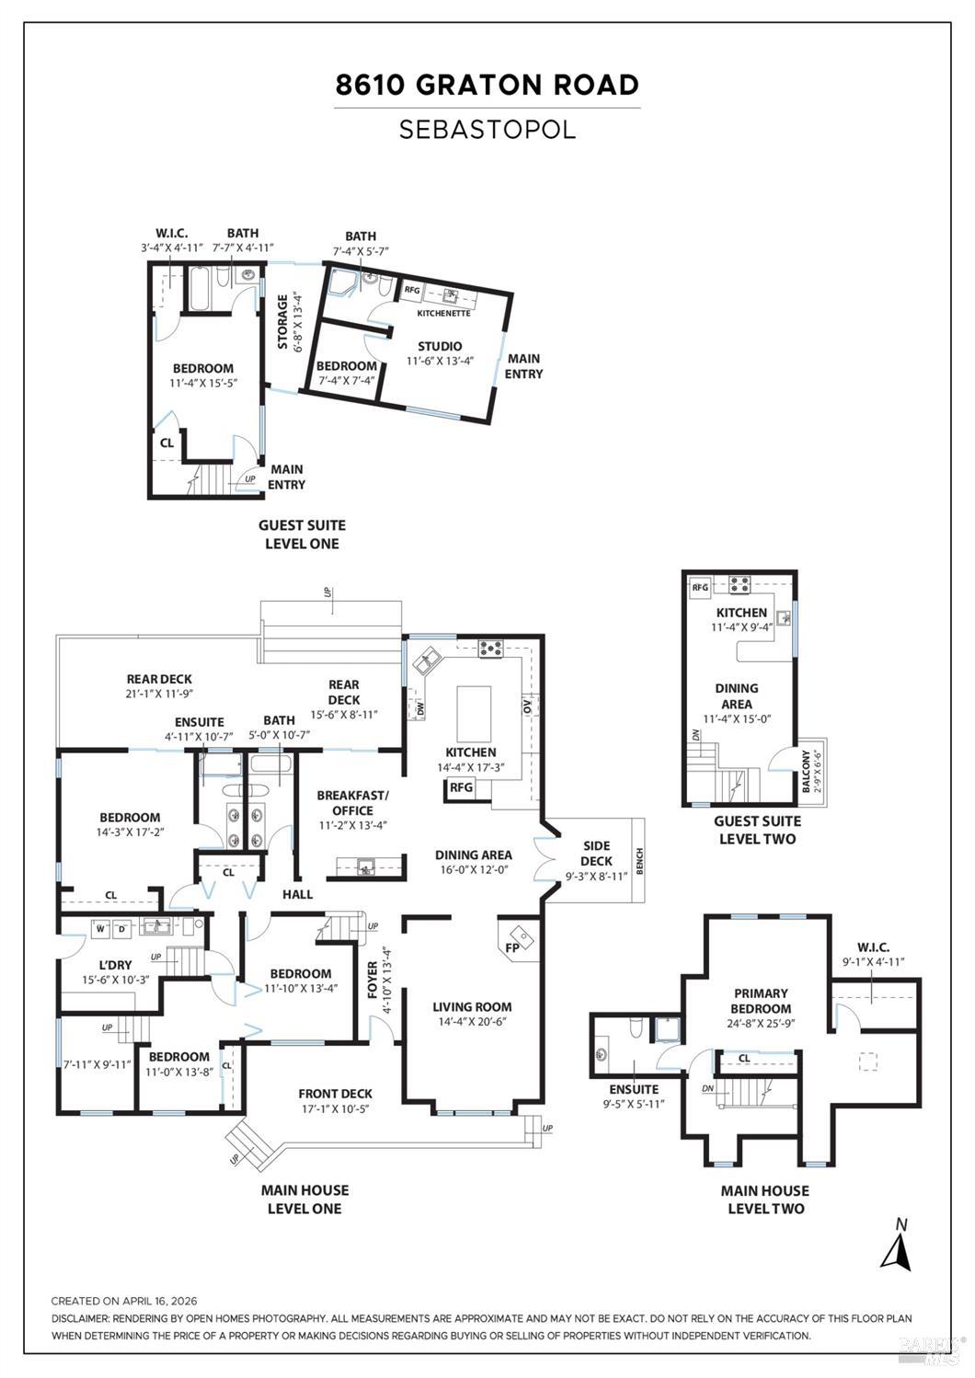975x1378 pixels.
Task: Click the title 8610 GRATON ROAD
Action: click(x=487, y=86)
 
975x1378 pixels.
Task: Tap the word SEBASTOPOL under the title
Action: click(x=487, y=130)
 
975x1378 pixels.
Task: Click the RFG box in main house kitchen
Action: click(x=461, y=787)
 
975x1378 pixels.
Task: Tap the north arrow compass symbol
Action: click(x=896, y=1247)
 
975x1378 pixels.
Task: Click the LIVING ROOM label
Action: click(x=472, y=1006)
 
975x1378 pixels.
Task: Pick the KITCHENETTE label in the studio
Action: click(x=443, y=314)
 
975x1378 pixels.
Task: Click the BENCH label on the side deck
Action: click(x=639, y=861)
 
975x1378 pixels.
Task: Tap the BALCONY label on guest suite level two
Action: click(x=806, y=771)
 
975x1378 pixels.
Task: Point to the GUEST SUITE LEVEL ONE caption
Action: click(x=302, y=534)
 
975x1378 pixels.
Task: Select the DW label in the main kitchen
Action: click(x=421, y=710)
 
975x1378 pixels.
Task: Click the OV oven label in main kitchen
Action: click(x=528, y=709)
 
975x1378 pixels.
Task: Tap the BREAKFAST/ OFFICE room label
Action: click(x=352, y=802)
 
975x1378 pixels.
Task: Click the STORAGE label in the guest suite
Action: click(x=283, y=322)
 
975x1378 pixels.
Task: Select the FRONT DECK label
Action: click(x=335, y=1094)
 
